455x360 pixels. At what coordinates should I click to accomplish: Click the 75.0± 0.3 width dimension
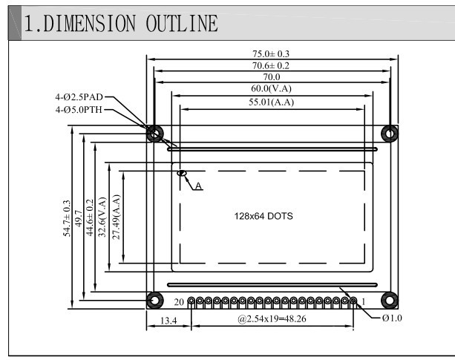[272, 53]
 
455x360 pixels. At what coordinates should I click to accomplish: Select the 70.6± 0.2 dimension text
[272, 65]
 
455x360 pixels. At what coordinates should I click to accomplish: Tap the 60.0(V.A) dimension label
[272, 88]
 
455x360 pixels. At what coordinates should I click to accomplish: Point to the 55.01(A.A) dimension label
[272, 102]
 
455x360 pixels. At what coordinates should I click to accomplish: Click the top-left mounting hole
[154, 133]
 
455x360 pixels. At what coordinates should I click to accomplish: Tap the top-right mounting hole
[389, 133]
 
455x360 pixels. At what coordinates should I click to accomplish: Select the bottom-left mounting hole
[154, 300]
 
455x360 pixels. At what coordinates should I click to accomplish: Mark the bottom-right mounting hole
[389, 300]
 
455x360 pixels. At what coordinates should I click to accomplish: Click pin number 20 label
[179, 302]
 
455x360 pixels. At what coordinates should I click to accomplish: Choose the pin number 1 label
[362, 302]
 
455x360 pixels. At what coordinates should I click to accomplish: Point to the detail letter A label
[198, 186]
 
